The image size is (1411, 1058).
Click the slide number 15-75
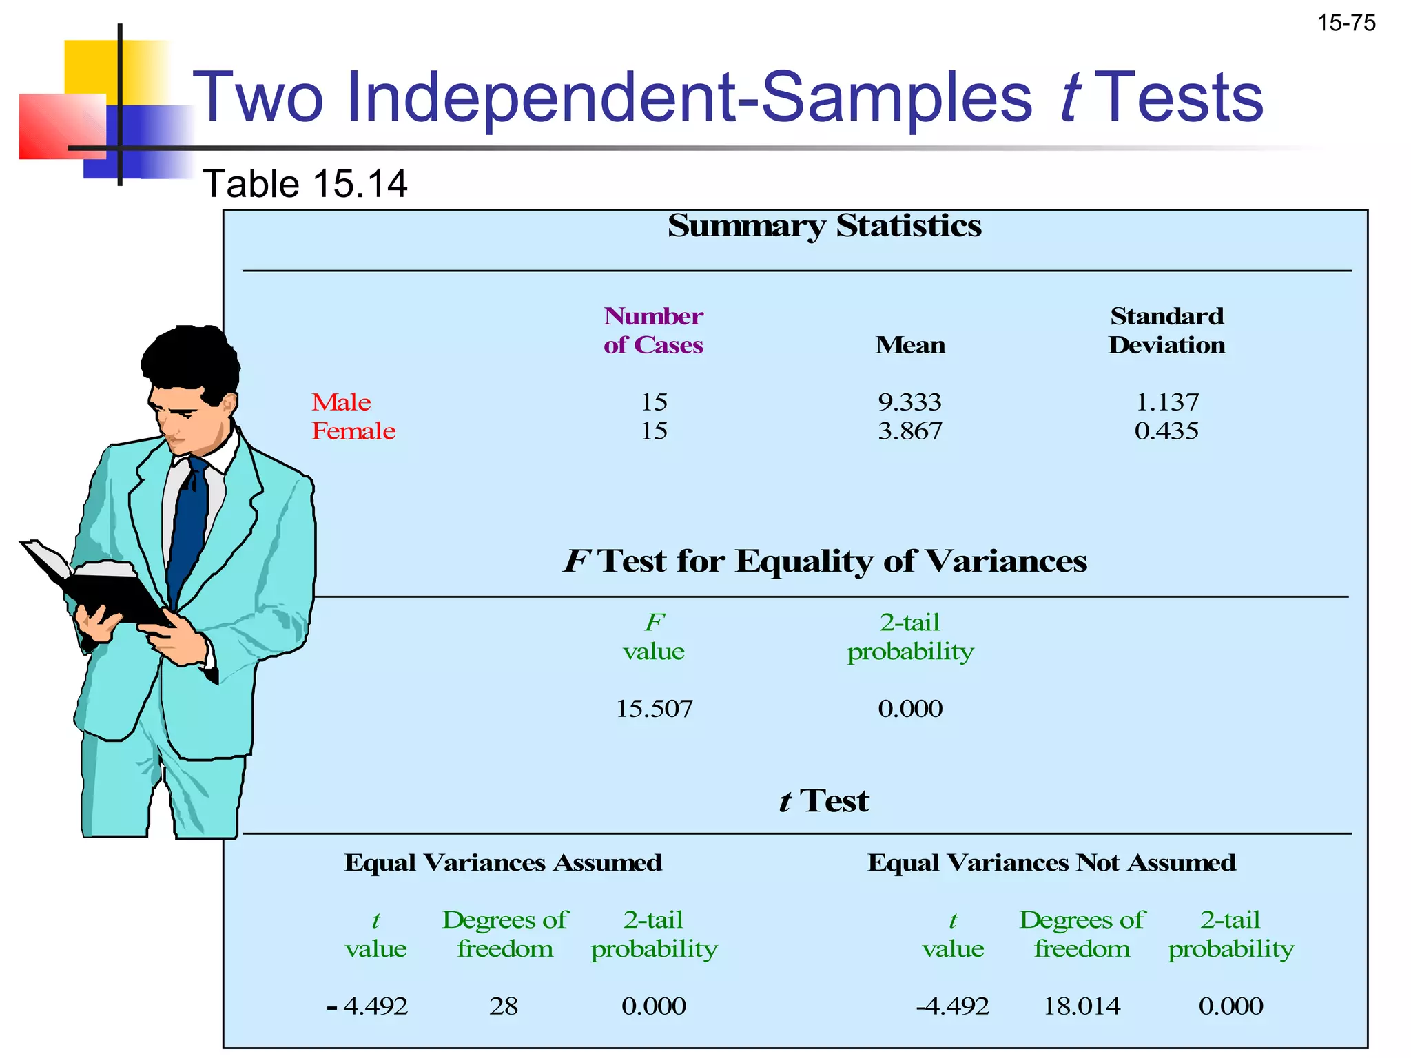[x=1346, y=23]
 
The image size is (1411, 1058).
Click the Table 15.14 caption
[x=305, y=184]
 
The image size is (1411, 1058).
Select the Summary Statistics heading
[x=824, y=226]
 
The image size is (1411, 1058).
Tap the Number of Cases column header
[x=653, y=331]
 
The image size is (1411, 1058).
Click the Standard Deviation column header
[x=1166, y=331]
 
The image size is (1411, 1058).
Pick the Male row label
[x=341, y=402]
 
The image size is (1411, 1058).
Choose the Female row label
[x=353, y=431]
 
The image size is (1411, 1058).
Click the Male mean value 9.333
[x=909, y=402]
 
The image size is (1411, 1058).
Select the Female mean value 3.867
[x=909, y=431]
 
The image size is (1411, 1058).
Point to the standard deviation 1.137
[x=1166, y=402]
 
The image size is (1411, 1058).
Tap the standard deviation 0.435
[x=1166, y=431]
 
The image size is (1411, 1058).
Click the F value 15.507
[x=654, y=709]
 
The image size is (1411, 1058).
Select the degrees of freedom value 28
[x=504, y=1006]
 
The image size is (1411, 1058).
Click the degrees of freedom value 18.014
[x=1082, y=1006]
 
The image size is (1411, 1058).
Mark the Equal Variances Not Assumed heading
[x=1051, y=863]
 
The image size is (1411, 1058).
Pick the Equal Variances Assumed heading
[x=503, y=863]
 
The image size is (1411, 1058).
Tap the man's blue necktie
[x=189, y=523]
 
